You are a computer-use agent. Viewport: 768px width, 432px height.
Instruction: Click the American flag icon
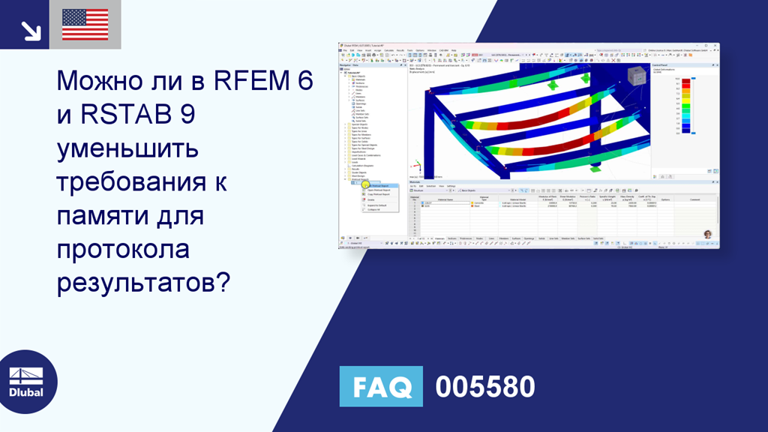[85, 25]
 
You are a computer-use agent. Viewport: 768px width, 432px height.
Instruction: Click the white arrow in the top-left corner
[31, 30]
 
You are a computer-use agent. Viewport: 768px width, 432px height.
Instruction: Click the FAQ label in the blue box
[381, 386]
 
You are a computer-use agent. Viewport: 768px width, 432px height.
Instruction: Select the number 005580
[485, 387]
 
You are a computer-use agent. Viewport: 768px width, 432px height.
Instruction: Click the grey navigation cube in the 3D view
[635, 76]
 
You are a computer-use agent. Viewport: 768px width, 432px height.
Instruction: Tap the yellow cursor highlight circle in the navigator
[364, 185]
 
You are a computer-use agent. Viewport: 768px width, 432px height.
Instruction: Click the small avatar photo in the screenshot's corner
[706, 234]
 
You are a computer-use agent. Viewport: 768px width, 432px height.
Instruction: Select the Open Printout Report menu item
[379, 190]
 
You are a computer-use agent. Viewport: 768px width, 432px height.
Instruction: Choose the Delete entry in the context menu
[371, 199]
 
